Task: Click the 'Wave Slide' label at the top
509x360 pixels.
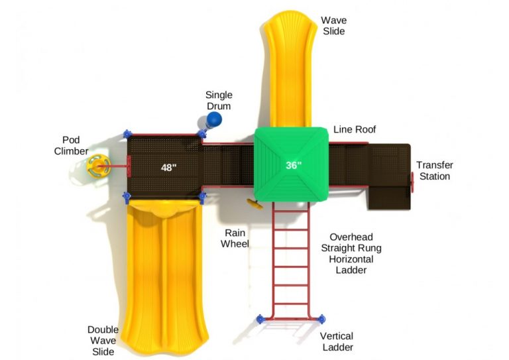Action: (334, 25)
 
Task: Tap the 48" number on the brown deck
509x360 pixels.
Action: (169, 168)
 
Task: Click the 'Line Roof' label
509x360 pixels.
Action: (355, 129)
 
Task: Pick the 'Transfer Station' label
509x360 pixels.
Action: (434, 170)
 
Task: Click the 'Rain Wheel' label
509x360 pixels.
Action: (237, 238)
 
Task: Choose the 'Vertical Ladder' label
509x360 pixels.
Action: (337, 341)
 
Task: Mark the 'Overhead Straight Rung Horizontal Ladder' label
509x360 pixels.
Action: (355, 253)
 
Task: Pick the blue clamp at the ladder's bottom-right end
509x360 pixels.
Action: (321, 319)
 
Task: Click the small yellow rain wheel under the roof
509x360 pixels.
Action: (251, 202)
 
